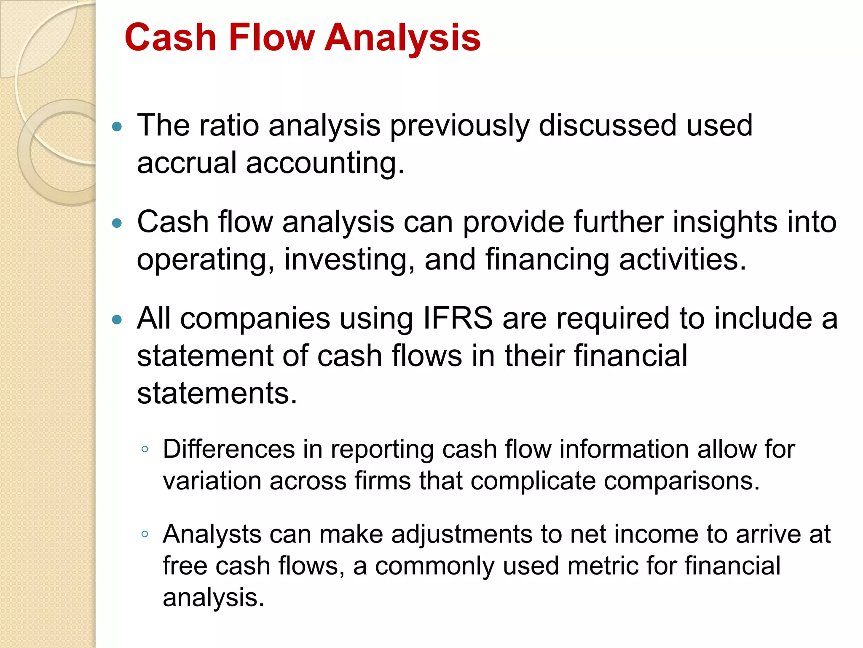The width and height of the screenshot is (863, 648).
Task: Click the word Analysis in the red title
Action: [402, 38]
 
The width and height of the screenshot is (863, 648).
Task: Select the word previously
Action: [459, 127]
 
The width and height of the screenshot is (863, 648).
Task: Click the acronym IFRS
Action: [458, 318]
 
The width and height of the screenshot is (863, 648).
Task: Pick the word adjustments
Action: [462, 535]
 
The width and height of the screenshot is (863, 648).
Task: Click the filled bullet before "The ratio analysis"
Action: [117, 126]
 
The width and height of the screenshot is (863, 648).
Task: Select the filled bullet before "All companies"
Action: [117, 319]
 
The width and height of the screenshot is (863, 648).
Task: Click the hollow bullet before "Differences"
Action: [145, 449]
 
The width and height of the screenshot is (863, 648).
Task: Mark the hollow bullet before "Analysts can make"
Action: [145, 535]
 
